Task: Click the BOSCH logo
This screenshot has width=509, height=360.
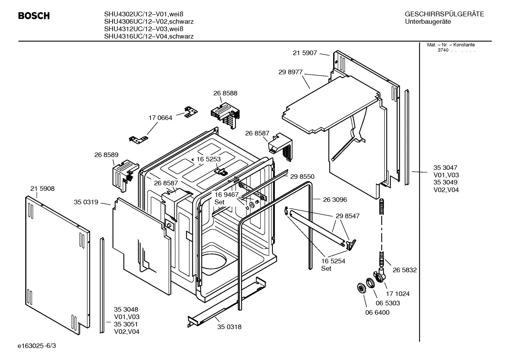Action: [34, 16]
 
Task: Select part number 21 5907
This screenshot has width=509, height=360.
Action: [305, 53]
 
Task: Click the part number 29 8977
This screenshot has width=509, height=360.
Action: [291, 72]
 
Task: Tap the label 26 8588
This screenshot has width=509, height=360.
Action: [225, 93]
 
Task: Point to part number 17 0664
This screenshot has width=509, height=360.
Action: [160, 118]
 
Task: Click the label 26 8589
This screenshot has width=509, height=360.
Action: [106, 155]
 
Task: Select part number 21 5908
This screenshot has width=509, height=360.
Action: [42, 189]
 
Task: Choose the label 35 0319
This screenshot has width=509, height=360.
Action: [86, 202]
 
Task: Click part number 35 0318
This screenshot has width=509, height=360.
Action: [229, 327]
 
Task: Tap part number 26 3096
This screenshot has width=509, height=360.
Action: [335, 200]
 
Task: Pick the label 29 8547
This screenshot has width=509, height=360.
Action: [348, 216]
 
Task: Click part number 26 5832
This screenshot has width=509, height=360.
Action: [405, 270]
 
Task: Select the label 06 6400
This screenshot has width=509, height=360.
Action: [377, 313]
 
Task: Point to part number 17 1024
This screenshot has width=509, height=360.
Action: [397, 294]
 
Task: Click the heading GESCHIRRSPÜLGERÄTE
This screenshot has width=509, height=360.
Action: [444, 14]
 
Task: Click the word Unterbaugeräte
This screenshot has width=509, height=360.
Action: [428, 22]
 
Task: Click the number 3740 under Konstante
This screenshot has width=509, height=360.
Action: [443, 50]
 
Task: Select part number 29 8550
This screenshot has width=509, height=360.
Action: [302, 176]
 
